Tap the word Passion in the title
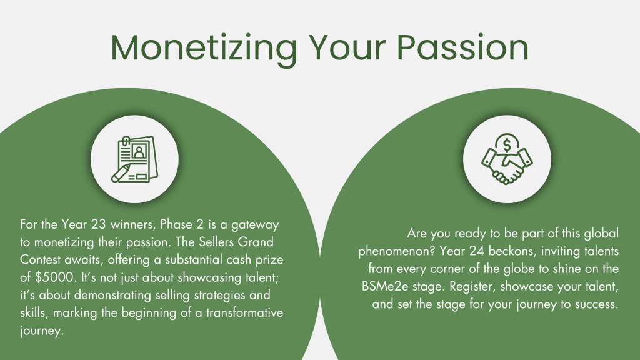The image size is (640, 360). coord(462,47)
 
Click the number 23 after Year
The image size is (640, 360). coord(99,224)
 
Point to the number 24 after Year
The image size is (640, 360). coord(476,251)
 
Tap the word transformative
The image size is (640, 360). coord(244,312)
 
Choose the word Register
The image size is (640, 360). coord(473,286)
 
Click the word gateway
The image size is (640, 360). coord(255,225)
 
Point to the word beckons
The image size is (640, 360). coord(511,251)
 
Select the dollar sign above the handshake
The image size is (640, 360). coord(507,145)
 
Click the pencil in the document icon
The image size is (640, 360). coord(121,173)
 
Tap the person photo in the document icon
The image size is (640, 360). coord(139,151)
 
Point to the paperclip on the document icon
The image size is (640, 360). coord(126,142)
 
